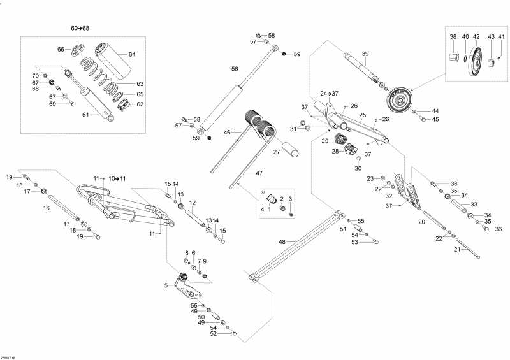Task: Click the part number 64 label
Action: [132, 54]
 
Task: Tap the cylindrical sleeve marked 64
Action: [109, 56]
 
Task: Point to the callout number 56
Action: [235, 69]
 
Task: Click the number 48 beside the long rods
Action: [282, 242]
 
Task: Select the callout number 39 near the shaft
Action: [365, 54]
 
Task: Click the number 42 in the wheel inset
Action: [476, 37]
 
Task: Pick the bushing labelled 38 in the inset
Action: [454, 59]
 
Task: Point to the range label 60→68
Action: [80, 29]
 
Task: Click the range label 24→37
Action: [330, 94]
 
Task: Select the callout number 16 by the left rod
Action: [47, 208]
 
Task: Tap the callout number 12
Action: [191, 203]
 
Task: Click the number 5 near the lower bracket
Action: [166, 285]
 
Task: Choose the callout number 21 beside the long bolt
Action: [456, 249]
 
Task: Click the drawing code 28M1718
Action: [9, 356]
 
